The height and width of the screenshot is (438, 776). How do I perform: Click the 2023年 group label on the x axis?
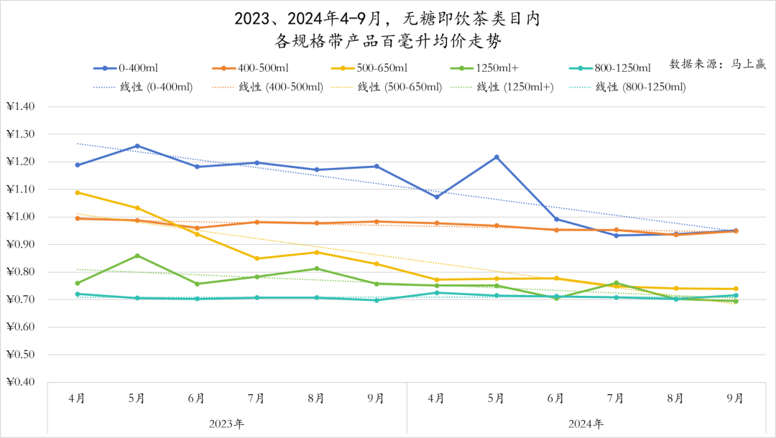point(226,424)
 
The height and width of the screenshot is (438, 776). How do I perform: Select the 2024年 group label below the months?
point(586,424)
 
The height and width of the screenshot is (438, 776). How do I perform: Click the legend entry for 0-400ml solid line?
point(126,68)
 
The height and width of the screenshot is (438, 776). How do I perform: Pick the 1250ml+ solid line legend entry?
point(488,68)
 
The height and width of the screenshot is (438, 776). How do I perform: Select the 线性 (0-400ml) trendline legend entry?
point(143,87)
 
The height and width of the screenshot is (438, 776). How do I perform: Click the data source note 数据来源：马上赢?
point(718,63)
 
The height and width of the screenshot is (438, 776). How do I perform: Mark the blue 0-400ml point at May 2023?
point(137,146)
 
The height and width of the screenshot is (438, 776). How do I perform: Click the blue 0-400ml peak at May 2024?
point(496,157)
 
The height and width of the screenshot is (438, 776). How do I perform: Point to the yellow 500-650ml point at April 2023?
point(78,192)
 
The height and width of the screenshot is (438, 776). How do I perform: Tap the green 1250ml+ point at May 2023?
point(137,256)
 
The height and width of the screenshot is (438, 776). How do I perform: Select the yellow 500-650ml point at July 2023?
point(257,258)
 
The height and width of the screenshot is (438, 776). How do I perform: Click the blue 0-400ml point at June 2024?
point(556,219)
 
